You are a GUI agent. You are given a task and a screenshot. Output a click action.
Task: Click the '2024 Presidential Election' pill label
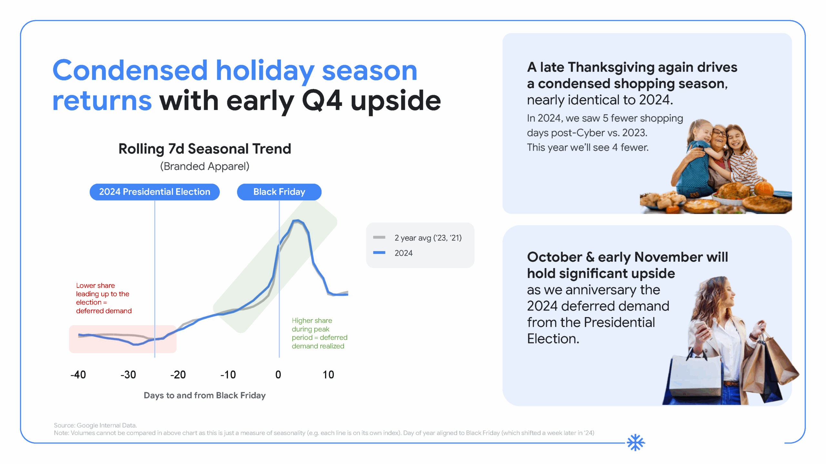pos(155,192)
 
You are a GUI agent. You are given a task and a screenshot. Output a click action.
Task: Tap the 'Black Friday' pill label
pos(279,192)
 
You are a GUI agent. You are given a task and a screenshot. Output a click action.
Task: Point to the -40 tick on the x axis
pos(78,375)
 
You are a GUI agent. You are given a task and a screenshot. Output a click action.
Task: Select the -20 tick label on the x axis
pos(178,375)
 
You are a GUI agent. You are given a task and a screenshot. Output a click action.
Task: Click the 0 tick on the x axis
pos(278,375)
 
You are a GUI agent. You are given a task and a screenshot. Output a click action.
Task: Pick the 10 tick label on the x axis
pos(328,375)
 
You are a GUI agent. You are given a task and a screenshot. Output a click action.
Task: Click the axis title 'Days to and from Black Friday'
pos(205,395)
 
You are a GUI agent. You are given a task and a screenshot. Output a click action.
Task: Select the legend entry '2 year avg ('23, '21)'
pos(428,238)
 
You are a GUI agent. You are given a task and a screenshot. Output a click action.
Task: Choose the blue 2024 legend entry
pos(403,253)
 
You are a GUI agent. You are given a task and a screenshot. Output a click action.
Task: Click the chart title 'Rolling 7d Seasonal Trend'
pos(205,149)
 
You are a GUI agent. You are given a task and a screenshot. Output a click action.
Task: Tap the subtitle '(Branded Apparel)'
pos(205,166)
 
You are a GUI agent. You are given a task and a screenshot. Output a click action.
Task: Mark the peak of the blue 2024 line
pos(297,221)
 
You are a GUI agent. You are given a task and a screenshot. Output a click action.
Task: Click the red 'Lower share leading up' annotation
pos(104,298)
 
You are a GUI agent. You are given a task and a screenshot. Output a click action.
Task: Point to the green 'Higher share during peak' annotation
pos(319,333)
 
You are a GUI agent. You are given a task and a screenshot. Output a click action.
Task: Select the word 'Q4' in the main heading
pos(322,101)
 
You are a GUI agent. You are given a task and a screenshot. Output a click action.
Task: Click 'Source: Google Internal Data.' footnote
pos(95,425)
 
